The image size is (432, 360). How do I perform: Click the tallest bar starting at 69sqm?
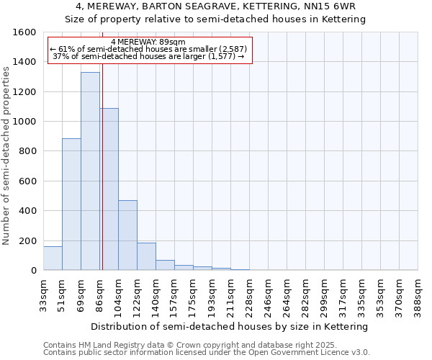pos(90,171)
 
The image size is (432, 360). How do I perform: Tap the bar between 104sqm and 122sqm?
pos(127,235)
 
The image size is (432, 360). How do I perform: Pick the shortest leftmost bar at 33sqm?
pos(53,258)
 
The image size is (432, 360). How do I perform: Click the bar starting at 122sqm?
pos(146,256)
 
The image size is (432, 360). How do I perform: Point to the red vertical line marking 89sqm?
pos(102,166)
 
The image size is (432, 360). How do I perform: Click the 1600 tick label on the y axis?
pos(24,32)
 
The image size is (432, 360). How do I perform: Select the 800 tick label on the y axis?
pos(27,151)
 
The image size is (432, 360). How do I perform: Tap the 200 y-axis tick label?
pos(27,241)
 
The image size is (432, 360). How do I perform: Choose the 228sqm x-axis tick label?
pos(249,295)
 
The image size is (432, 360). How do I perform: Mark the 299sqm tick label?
pos(324,295)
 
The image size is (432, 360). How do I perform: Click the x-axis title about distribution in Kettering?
pos(230,326)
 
